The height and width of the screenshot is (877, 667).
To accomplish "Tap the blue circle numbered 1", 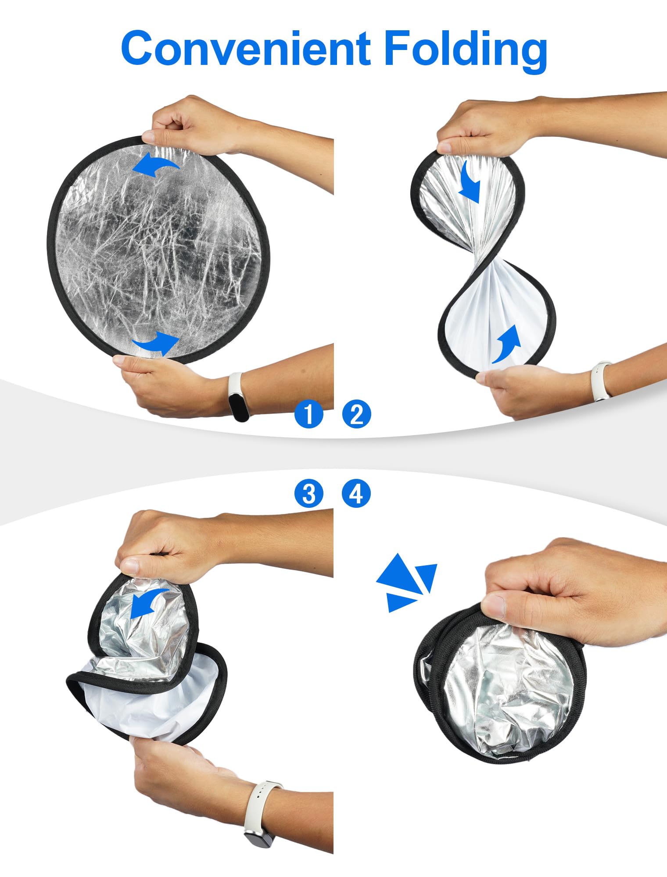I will [308, 414].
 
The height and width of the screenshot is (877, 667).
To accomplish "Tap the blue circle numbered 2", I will [356, 414].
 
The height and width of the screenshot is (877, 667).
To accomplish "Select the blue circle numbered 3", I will [308, 494].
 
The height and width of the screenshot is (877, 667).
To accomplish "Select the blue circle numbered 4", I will [356, 494].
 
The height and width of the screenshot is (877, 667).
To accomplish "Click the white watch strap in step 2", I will [601, 381].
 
